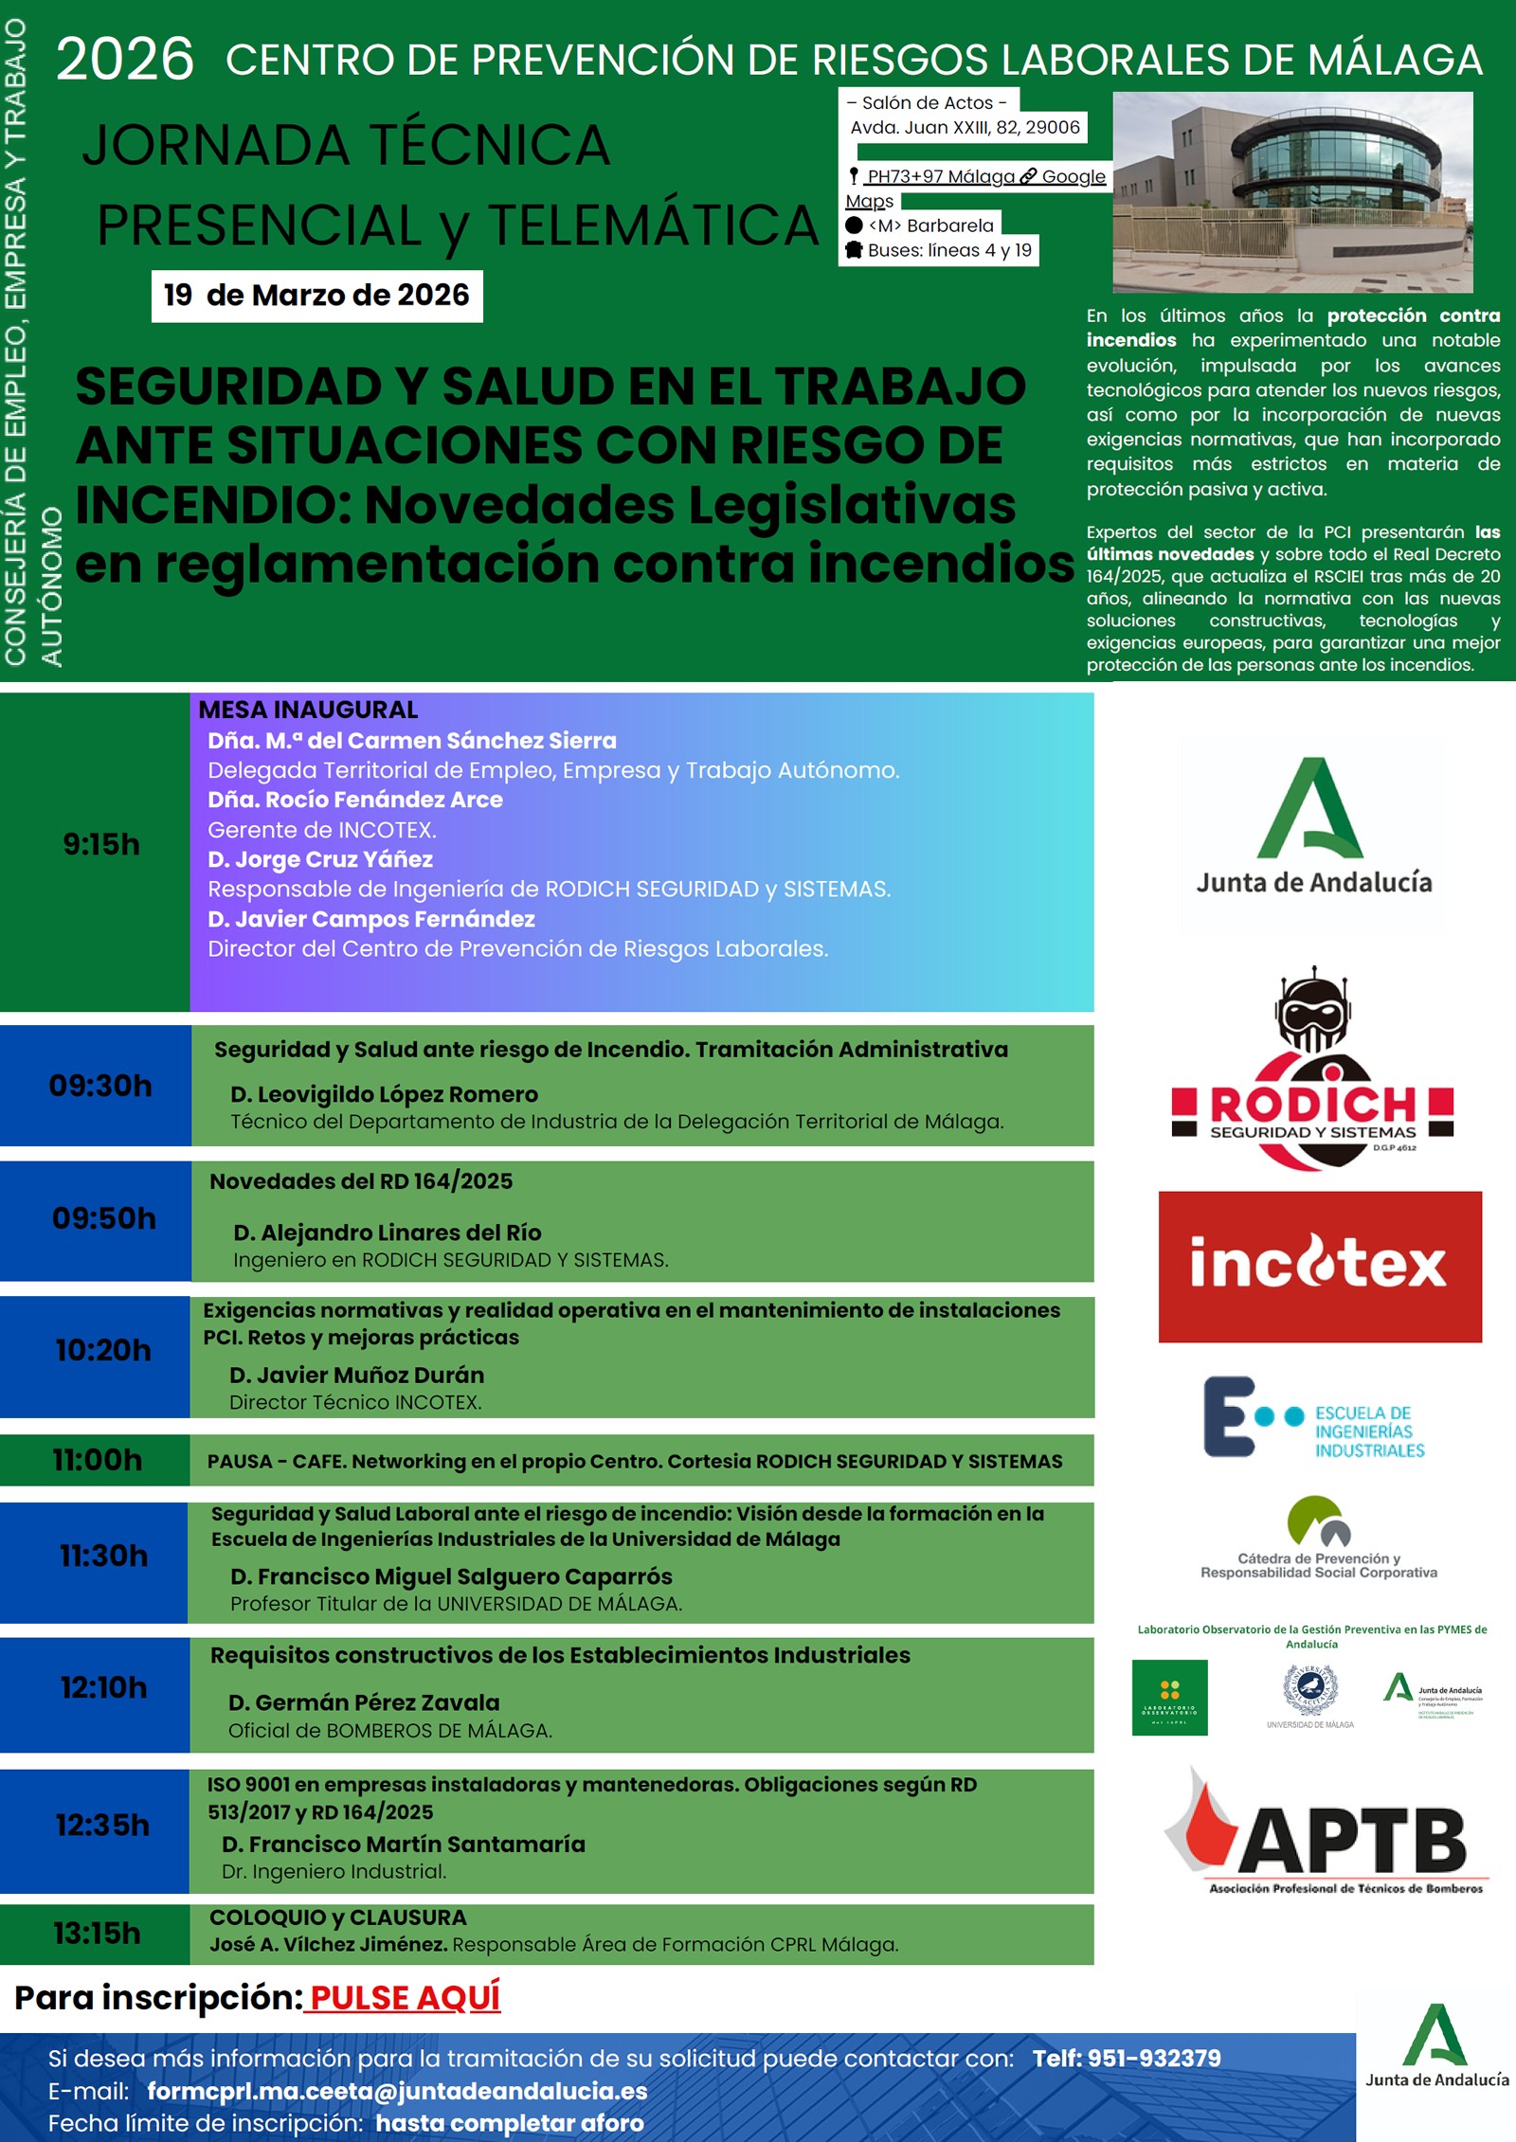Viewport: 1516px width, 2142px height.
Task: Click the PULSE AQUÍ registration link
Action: point(405,1998)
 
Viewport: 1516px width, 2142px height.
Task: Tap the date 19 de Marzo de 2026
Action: point(316,296)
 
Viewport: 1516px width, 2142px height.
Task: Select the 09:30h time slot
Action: point(100,1086)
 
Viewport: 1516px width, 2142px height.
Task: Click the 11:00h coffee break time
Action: point(98,1460)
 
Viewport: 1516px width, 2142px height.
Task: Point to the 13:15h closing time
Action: point(97,1933)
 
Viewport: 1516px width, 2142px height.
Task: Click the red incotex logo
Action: point(1319,1266)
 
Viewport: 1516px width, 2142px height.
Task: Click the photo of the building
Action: point(1292,191)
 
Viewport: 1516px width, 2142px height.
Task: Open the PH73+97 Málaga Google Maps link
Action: point(976,177)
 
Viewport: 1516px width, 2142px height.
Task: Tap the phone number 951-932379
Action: point(1127,2059)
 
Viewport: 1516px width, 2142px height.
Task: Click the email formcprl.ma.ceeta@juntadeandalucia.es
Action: point(397,2091)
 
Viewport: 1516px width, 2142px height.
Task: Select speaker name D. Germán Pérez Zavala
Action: point(364,1702)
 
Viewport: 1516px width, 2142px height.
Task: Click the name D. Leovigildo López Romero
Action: point(384,1094)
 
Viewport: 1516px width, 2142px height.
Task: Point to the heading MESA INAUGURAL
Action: point(308,710)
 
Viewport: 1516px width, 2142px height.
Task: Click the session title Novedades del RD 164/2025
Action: point(361,1181)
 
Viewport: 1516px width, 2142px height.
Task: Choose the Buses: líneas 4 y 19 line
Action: point(948,250)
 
